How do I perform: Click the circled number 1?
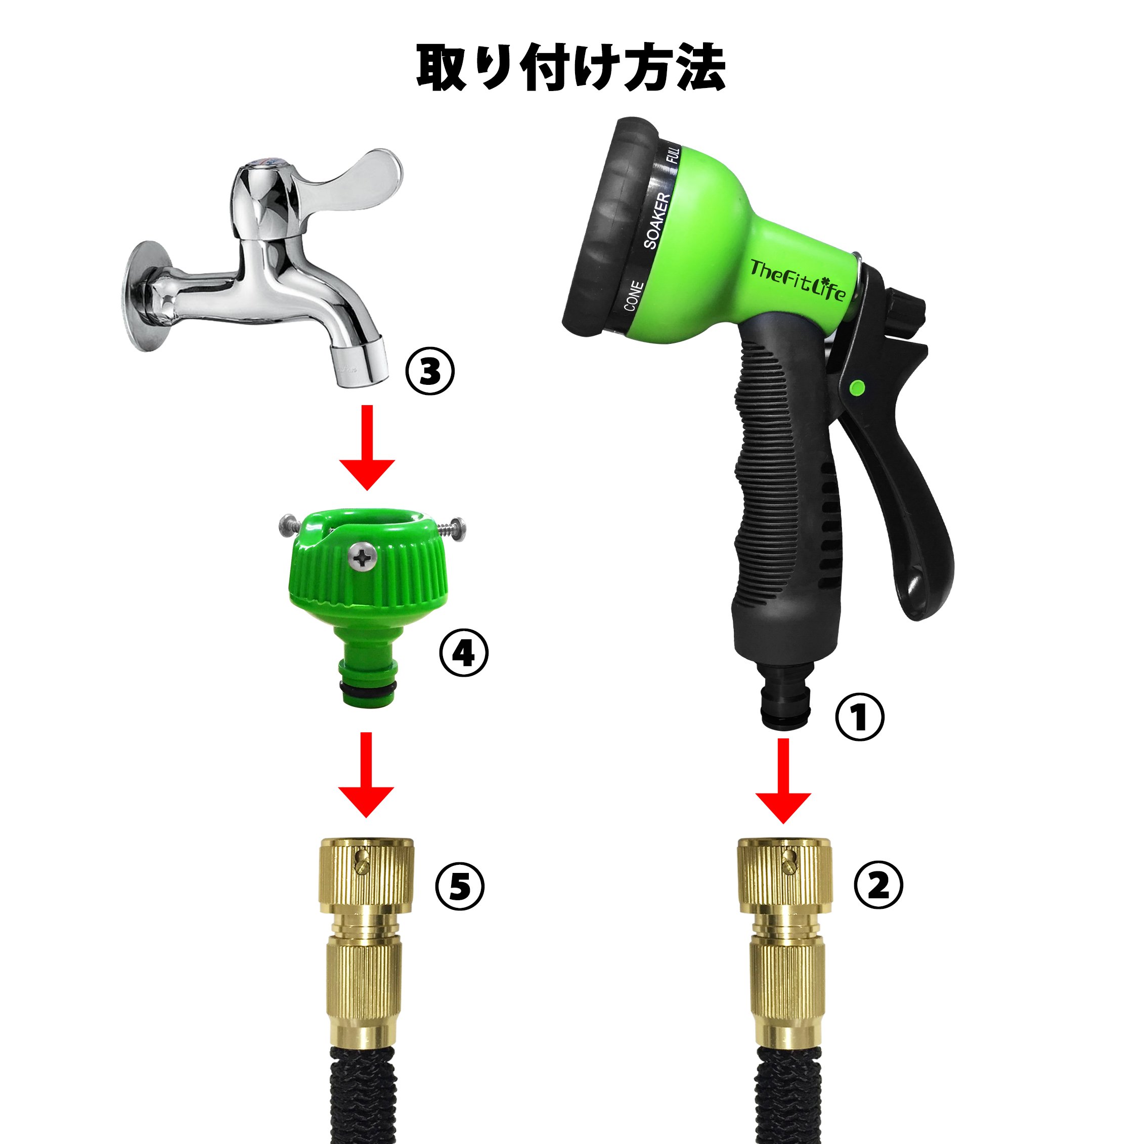[x=859, y=717]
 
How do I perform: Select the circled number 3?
[x=430, y=371]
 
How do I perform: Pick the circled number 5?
[x=460, y=887]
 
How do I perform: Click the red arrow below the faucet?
[x=367, y=448]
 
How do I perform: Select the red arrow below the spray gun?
[x=783, y=781]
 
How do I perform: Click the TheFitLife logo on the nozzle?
[x=798, y=280]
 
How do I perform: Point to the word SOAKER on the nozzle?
[x=657, y=221]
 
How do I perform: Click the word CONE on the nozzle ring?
[x=633, y=295]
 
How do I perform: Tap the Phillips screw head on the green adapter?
[x=360, y=557]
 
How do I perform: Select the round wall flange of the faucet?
[x=142, y=295]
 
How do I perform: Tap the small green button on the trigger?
[x=855, y=387]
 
